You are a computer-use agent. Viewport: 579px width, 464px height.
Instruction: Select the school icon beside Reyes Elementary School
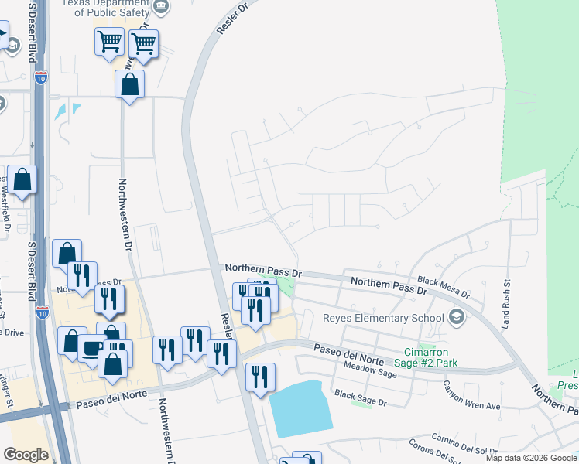click(x=457, y=317)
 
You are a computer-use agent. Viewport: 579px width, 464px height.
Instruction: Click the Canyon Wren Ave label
click(x=471, y=395)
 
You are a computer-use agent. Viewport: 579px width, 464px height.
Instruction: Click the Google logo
click(x=26, y=455)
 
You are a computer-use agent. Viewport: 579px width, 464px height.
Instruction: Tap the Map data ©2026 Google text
click(x=531, y=458)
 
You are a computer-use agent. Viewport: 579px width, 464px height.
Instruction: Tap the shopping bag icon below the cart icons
click(x=130, y=84)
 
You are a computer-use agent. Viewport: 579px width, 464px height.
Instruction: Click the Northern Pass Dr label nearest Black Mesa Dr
click(x=389, y=285)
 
